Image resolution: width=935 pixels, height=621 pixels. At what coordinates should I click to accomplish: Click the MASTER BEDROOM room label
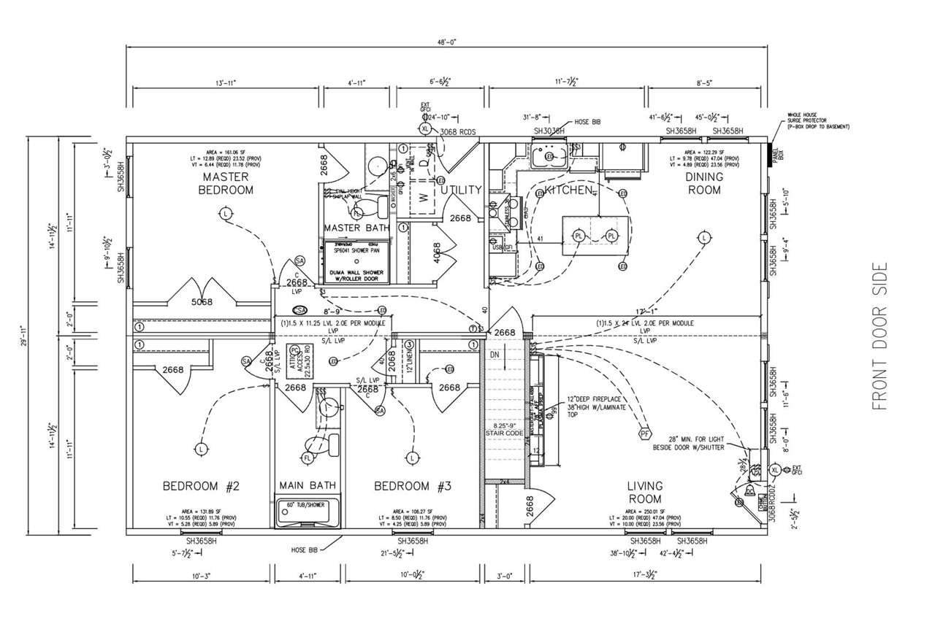(x=226, y=183)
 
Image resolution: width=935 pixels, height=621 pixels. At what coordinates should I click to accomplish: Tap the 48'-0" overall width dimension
(x=447, y=42)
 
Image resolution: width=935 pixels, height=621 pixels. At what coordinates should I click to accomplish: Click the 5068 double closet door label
(x=202, y=301)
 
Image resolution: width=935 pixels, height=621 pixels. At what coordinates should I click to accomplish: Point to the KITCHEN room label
(x=568, y=190)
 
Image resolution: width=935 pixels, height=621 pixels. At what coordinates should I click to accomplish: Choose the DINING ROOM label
(x=703, y=183)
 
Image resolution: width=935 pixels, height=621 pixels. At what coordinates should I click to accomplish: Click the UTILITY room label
(x=461, y=190)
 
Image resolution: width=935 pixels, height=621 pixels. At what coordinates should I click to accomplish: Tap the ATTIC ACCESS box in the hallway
(x=297, y=360)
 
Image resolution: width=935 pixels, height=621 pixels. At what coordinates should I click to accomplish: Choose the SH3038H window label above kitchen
(x=549, y=131)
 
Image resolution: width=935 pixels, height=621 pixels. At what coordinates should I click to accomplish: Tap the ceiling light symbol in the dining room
(x=703, y=238)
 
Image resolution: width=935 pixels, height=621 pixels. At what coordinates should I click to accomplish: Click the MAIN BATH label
(x=308, y=485)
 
